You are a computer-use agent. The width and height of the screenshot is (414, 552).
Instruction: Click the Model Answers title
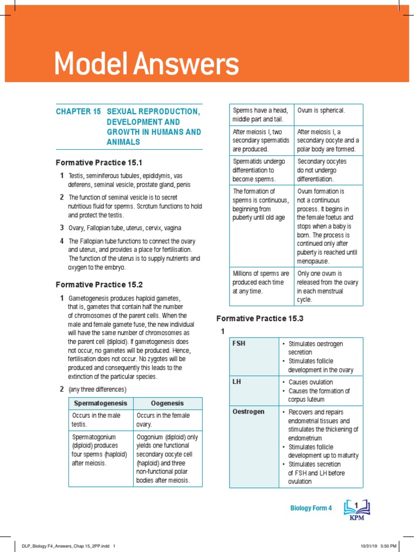coord(146,65)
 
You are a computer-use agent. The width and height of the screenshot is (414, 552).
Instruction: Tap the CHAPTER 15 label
coord(78,111)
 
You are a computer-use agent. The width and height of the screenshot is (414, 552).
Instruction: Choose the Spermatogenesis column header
coord(100,403)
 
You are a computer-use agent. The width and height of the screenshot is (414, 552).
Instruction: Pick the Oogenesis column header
coord(167,403)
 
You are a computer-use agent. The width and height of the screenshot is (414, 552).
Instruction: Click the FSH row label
coord(238,343)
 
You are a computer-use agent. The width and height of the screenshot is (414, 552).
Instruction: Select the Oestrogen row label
coord(248,412)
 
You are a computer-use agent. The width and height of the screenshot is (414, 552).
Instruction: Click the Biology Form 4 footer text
coord(311,508)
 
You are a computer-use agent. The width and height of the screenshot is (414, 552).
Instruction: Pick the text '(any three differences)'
coord(97,389)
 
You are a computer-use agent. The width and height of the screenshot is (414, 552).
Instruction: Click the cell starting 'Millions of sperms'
coord(261,282)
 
